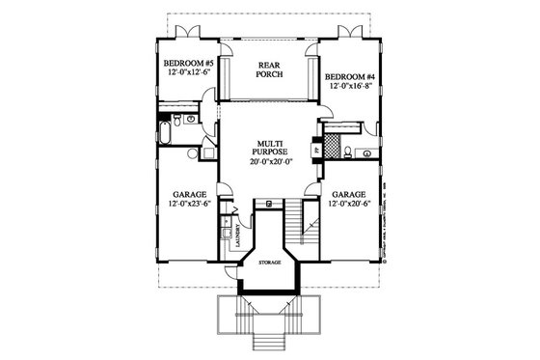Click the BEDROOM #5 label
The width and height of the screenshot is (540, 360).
click(x=188, y=60)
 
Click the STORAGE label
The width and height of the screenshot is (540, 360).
click(x=269, y=262)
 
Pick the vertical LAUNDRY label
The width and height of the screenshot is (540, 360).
click(x=236, y=239)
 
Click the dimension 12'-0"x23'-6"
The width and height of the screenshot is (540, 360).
click(x=189, y=204)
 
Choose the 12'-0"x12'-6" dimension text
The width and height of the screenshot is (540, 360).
click(x=188, y=70)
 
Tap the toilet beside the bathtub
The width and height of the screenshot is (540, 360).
click(x=190, y=119)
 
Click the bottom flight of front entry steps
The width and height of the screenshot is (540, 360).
click(x=269, y=344)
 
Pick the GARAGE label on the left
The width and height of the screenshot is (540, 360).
click(x=189, y=193)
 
